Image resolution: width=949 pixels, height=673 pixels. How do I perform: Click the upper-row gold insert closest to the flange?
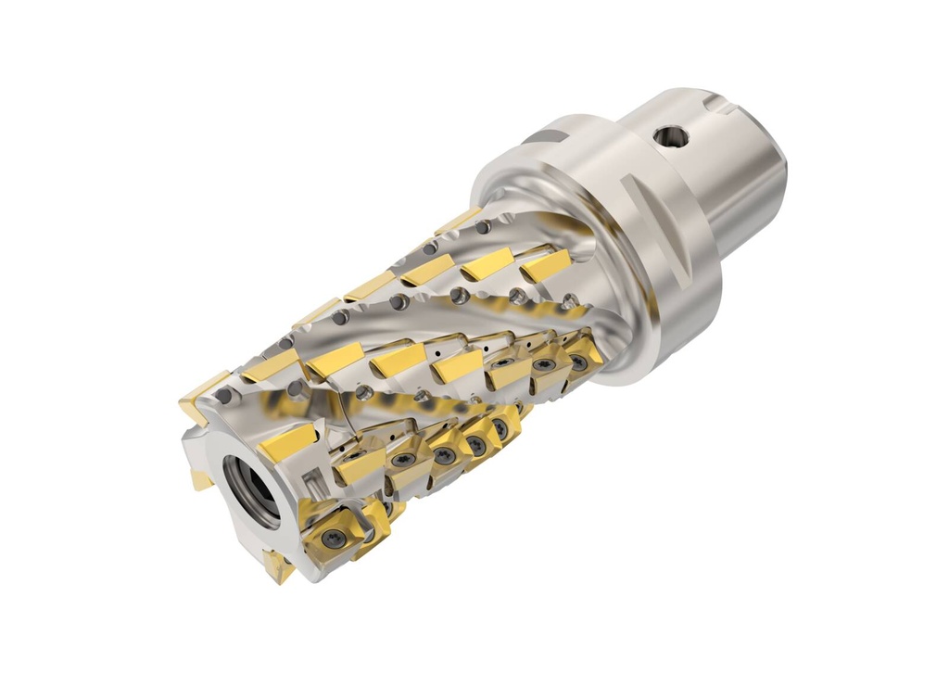point(545,264)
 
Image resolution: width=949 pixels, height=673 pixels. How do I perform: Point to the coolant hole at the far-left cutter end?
point(222,396)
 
